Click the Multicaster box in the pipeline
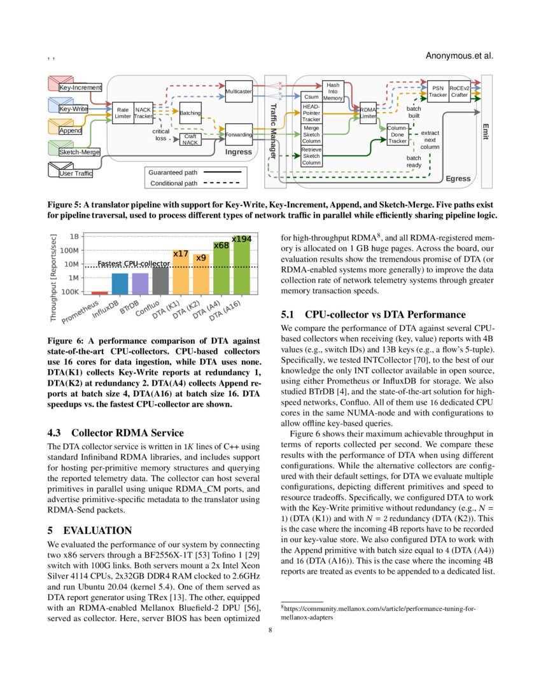(239, 92)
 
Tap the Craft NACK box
(190, 139)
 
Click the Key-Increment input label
(80, 87)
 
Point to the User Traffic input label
(76, 173)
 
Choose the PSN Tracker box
(437, 92)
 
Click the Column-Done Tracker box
(397, 134)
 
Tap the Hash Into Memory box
(333, 92)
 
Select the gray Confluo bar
(161, 280)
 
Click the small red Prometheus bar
(99, 293)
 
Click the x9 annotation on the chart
(201, 258)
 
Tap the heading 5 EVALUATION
(90, 530)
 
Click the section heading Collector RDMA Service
(116, 432)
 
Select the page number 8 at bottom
(270, 630)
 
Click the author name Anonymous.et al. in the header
(459, 55)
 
